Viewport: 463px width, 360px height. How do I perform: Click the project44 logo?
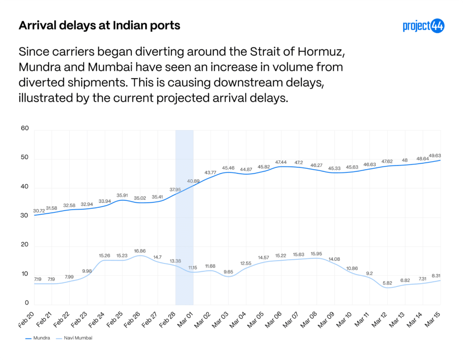click(x=423, y=26)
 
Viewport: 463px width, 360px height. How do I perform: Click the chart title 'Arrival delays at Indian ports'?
click(x=99, y=26)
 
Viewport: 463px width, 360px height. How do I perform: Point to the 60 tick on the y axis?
click(x=25, y=128)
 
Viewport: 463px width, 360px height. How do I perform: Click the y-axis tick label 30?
click(x=25, y=216)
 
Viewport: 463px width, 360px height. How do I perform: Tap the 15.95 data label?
click(x=316, y=254)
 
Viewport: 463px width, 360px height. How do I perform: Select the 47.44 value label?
click(x=281, y=162)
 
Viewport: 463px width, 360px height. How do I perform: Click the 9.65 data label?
click(x=228, y=271)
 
